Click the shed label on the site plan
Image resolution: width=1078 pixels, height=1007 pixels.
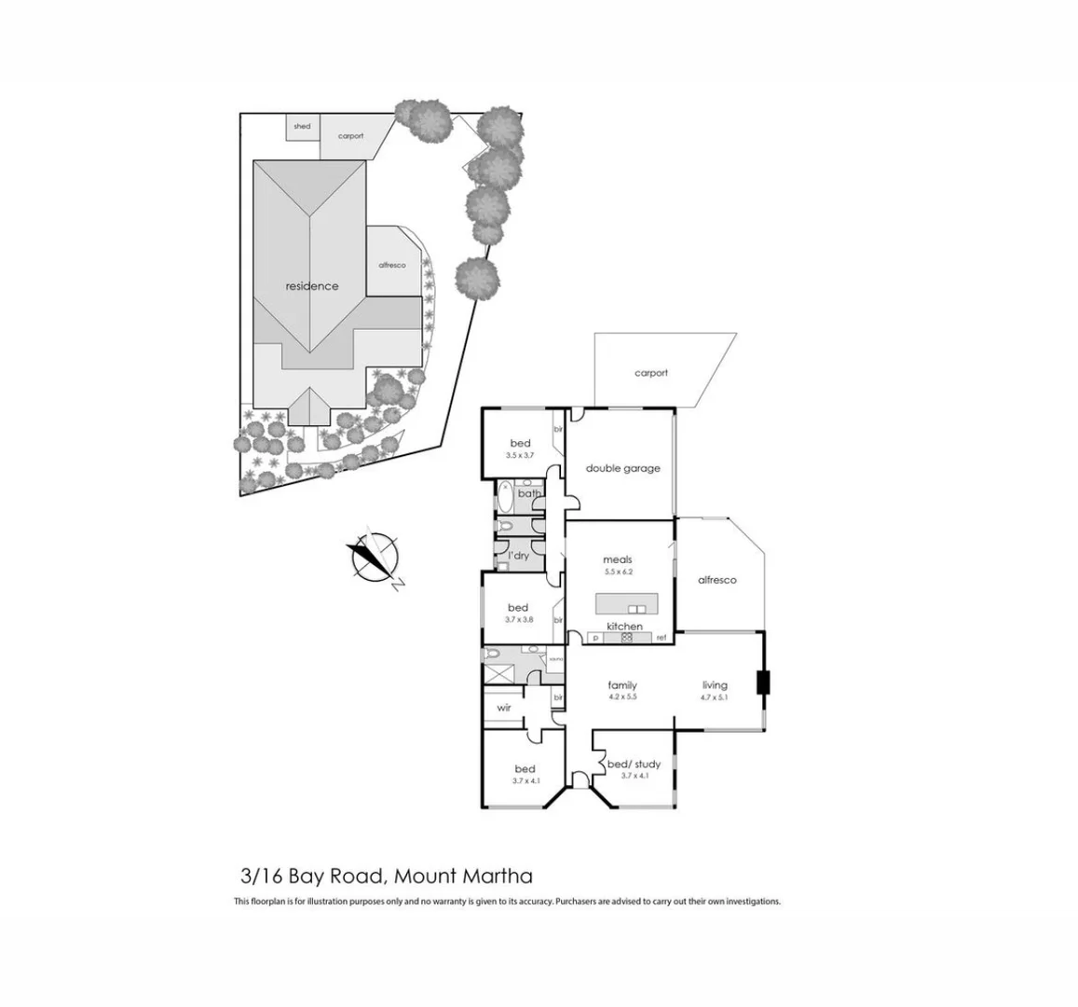pos(302,127)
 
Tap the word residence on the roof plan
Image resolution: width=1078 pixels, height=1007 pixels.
pos(312,286)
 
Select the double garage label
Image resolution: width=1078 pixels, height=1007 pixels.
pos(622,468)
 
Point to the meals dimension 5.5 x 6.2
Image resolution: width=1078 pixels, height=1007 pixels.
pos(618,572)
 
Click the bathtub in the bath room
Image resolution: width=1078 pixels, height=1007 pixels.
pos(504,495)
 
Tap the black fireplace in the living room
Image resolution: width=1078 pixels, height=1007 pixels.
pos(763,683)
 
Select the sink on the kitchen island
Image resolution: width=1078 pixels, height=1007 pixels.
pos(636,610)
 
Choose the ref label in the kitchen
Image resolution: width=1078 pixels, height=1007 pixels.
pos(661,639)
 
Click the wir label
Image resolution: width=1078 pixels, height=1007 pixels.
pos(504,708)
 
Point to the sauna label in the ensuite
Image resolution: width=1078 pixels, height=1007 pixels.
pos(556,659)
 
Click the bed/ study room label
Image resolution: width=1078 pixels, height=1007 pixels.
pos(634,765)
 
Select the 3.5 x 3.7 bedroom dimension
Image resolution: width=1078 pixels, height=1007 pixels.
pos(520,455)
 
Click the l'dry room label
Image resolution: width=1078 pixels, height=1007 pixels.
pos(518,556)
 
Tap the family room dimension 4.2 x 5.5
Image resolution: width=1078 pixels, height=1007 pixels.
pos(622,697)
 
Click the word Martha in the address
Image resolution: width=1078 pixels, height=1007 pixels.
pos(500,876)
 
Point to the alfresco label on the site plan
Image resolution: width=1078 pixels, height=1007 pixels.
pos(392,265)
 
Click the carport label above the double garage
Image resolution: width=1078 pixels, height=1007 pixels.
pos(651,373)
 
